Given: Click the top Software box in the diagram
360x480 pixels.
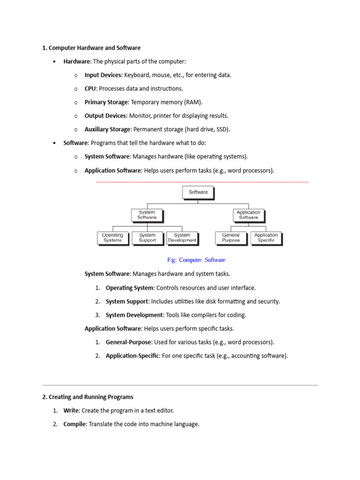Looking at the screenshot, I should (198, 192).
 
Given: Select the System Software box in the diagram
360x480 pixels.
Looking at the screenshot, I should (147, 215).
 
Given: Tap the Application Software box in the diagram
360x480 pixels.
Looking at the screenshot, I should (248, 215).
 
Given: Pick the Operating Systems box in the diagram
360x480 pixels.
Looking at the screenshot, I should (112, 238).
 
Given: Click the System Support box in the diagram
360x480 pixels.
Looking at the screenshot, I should (147, 238).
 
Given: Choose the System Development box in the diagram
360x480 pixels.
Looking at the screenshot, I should (182, 238).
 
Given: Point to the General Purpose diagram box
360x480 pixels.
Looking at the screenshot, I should (231, 238).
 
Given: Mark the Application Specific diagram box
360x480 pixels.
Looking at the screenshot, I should (266, 238).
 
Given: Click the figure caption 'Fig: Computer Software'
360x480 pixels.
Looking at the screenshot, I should (196, 260).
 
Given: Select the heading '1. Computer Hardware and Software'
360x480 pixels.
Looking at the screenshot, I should (91, 48).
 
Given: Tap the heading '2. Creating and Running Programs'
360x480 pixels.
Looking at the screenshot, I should (88, 397).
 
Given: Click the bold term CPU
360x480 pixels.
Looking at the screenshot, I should (90, 89).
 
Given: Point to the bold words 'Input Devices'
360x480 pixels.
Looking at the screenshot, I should (103, 75).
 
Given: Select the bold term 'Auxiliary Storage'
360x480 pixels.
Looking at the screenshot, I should (108, 129).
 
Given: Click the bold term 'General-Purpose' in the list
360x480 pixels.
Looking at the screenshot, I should (128, 342).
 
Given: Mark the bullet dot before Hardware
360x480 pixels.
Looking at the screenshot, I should (55, 62).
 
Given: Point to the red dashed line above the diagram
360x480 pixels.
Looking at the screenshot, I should (202, 181).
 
